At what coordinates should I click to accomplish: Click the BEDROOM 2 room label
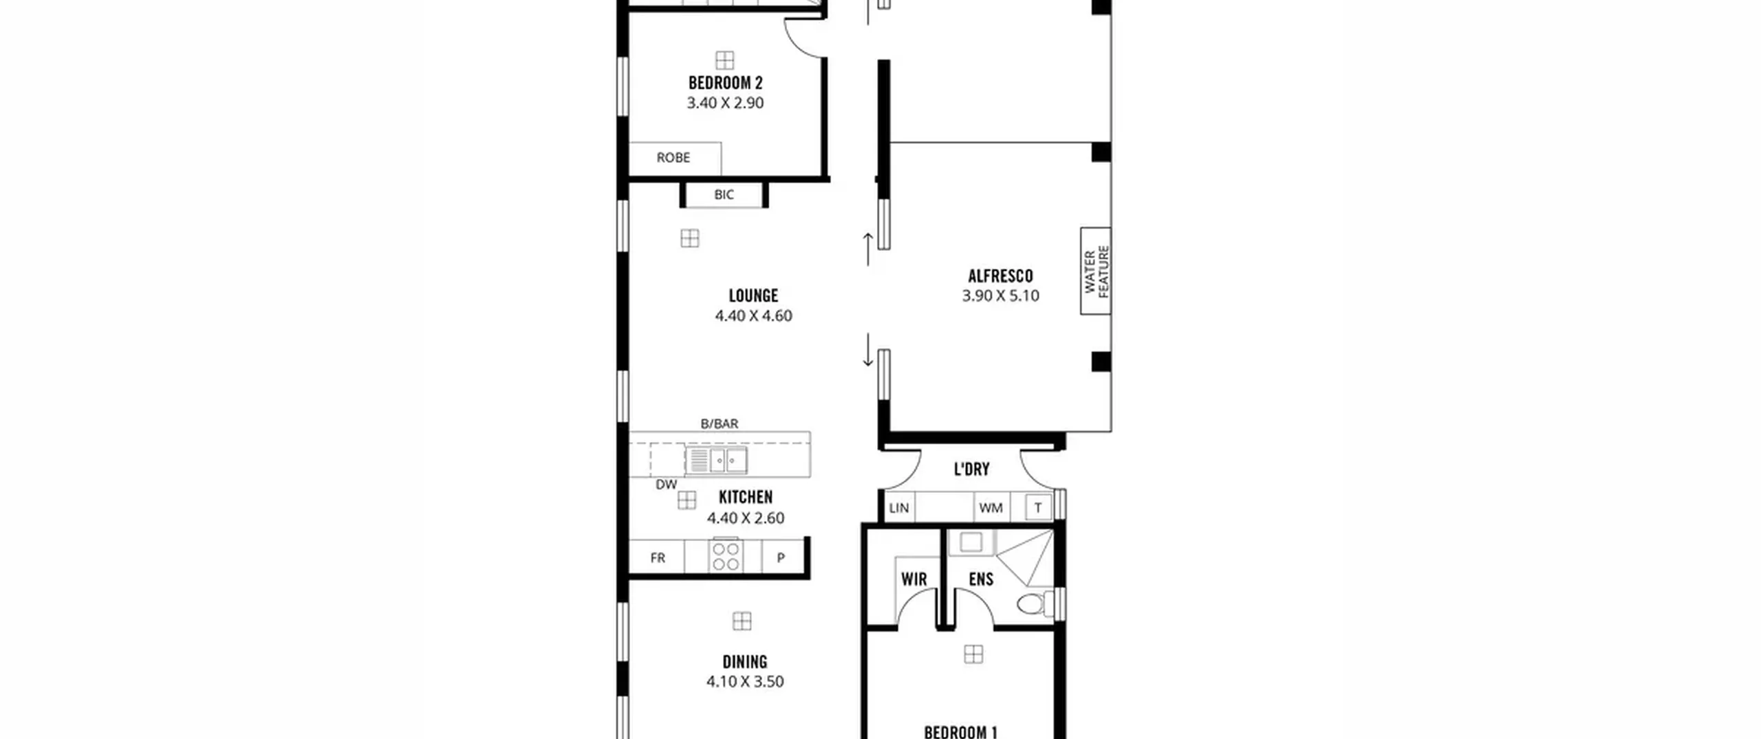coord(725,83)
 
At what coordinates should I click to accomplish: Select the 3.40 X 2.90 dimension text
coord(725,103)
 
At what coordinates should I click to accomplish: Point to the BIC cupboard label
coord(724,195)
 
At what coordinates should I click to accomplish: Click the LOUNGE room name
coord(753,296)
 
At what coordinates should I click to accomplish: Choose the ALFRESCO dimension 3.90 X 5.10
coord(1000,296)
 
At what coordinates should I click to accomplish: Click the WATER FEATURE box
coord(1096,271)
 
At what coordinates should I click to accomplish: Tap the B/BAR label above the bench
coord(720,423)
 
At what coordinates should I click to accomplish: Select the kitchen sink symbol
coord(716,460)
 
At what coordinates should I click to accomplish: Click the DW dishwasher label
coord(666,485)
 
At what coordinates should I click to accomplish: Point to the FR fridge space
coord(657,557)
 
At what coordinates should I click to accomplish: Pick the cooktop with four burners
coord(726,555)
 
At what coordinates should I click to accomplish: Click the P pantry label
coord(781,558)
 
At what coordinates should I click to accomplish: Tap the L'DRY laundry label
coord(971,470)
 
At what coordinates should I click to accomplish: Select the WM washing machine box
coord(991,507)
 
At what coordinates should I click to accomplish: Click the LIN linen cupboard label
coord(899,508)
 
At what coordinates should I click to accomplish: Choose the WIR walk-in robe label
coord(914,580)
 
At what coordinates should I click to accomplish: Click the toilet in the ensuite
coord(1035,604)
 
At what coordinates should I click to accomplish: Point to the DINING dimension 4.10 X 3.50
coord(745,681)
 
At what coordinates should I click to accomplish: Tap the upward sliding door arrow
coord(868,249)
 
